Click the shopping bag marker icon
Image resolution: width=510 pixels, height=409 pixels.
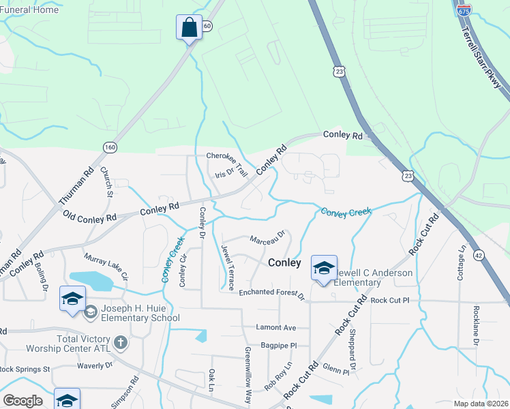(x=190, y=28)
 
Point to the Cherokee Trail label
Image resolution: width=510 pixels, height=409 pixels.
(x=227, y=156)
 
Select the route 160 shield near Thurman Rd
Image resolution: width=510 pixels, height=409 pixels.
(x=110, y=147)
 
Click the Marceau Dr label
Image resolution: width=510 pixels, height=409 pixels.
(x=266, y=240)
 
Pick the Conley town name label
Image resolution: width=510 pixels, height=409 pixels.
(x=284, y=262)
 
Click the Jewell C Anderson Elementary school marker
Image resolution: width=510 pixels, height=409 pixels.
(x=324, y=267)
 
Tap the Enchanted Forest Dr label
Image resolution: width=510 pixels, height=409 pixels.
(x=271, y=292)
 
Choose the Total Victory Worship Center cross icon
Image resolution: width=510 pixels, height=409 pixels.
(x=121, y=342)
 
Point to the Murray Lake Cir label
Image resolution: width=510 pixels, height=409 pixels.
(x=106, y=268)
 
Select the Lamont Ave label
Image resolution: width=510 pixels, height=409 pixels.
(x=277, y=328)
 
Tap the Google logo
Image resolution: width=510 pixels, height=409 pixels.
(x=22, y=401)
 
